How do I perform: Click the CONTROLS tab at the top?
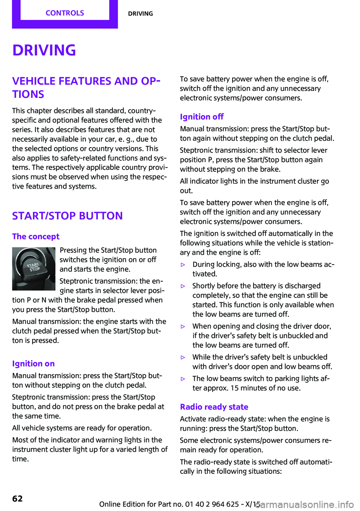65,13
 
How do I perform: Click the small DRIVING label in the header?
140,14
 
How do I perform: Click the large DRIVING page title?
44,50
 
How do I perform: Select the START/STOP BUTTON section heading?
67,216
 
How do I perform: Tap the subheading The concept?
36,236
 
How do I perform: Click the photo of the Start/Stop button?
34,269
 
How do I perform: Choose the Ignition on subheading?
33,364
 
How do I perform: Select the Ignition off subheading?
202,117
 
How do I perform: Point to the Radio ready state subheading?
214,407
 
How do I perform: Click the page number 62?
18,499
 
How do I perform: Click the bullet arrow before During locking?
183,265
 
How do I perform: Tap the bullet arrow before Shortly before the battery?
183,286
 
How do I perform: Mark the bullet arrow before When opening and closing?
183,327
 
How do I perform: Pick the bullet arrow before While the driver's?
183,358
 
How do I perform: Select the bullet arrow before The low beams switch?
183,379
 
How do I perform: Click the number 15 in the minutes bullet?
234,388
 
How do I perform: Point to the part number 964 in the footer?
219,504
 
